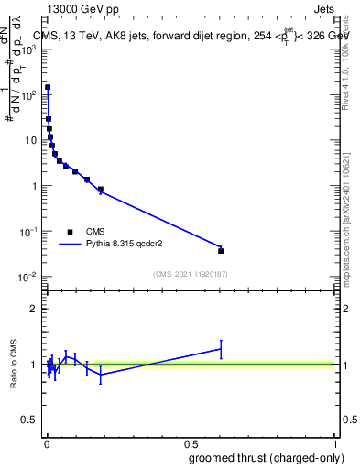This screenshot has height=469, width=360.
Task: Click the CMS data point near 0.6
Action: click(x=221, y=250)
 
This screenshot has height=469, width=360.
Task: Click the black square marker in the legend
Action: click(x=71, y=232)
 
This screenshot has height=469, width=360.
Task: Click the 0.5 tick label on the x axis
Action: click(x=190, y=444)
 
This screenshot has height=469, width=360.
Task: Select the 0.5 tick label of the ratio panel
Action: click(x=29, y=421)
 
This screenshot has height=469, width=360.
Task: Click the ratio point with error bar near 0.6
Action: click(x=221, y=348)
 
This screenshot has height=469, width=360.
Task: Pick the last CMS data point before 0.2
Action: click(x=100, y=190)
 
